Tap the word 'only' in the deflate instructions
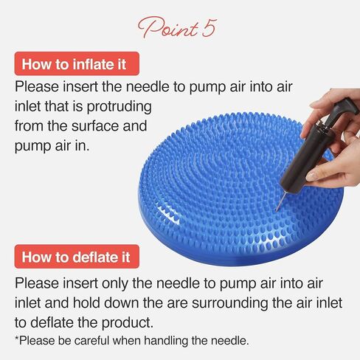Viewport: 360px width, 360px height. click(x=105, y=283)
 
